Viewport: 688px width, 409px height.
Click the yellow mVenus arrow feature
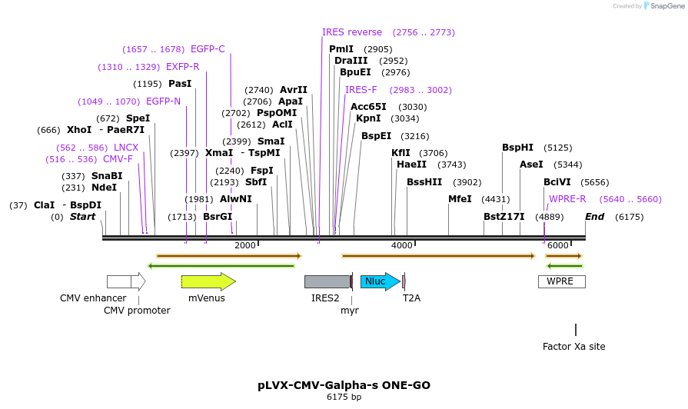(x=208, y=281)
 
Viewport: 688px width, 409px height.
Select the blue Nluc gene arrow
(x=380, y=281)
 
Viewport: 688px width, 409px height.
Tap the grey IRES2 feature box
(x=327, y=281)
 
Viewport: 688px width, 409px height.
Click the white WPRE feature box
(x=561, y=281)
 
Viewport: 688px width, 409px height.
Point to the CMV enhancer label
(x=93, y=298)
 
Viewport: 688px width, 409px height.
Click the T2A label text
(x=411, y=298)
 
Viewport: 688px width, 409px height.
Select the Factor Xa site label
(x=573, y=347)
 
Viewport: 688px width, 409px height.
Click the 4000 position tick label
(x=401, y=245)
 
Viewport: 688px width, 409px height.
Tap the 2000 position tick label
(x=244, y=245)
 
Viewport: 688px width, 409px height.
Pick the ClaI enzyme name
(x=44, y=205)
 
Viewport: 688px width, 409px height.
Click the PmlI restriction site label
(x=341, y=49)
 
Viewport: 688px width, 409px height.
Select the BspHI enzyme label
(x=517, y=148)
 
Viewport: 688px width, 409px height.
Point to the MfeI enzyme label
(x=460, y=199)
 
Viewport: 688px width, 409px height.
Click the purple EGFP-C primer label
(x=208, y=49)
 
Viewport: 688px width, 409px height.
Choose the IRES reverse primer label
(x=352, y=32)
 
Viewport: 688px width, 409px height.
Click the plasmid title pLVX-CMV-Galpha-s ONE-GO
(x=344, y=385)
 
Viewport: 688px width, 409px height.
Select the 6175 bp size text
(x=344, y=397)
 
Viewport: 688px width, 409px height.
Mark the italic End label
(x=594, y=217)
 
